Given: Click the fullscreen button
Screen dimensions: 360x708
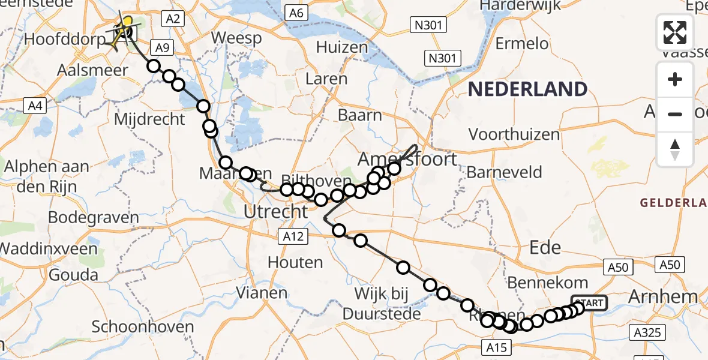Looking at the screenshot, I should click(x=675, y=32).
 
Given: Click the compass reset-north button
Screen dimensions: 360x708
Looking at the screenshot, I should click(x=675, y=149).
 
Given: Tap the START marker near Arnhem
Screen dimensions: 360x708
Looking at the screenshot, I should click(x=590, y=303).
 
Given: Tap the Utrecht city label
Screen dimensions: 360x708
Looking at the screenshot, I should click(x=277, y=211).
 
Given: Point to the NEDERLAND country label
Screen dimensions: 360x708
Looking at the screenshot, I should click(x=527, y=89).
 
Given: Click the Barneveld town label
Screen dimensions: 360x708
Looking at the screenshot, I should click(x=504, y=173).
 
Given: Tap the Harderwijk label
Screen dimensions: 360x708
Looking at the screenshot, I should click(x=520, y=5).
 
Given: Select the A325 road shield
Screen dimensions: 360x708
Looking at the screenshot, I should click(x=646, y=331).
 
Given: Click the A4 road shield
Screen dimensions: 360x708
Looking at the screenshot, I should click(x=35, y=106).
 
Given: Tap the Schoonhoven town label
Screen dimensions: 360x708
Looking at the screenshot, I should click(x=143, y=327).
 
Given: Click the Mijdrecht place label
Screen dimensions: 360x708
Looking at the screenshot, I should click(x=149, y=119).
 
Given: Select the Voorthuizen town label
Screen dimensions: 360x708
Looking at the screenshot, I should click(x=514, y=134).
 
